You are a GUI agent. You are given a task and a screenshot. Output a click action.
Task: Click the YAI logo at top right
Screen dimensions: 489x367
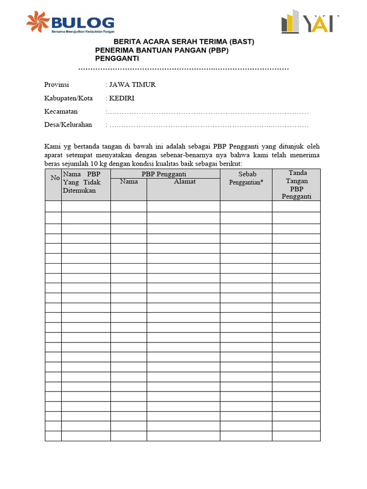click(x=310, y=23)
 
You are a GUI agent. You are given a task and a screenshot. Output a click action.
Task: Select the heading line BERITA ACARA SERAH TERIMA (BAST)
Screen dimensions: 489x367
click(x=183, y=42)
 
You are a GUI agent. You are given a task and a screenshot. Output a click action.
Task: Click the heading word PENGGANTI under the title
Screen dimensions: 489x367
click(x=117, y=59)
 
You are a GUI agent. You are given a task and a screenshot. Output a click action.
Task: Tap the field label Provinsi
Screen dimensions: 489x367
click(x=57, y=85)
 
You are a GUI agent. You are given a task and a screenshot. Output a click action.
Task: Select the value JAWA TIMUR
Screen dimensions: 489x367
click(x=132, y=85)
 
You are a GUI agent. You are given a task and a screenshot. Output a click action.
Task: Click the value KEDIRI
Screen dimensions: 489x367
click(x=122, y=98)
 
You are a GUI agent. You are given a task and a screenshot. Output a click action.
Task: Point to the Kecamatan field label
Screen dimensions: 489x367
click(x=61, y=112)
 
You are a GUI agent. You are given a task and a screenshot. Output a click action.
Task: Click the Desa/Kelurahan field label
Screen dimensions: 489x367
click(x=68, y=125)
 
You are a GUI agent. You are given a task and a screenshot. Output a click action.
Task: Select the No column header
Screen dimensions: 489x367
click(x=55, y=178)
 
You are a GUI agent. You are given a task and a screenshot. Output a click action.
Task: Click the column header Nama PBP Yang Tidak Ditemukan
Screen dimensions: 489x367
click(x=82, y=182)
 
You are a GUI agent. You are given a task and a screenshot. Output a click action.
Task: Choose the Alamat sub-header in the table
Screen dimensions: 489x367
click(x=184, y=181)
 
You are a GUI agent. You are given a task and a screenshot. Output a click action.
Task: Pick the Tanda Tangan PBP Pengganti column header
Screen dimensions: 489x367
click(x=297, y=184)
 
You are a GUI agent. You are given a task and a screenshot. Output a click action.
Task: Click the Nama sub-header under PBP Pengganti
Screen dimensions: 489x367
click(x=129, y=181)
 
